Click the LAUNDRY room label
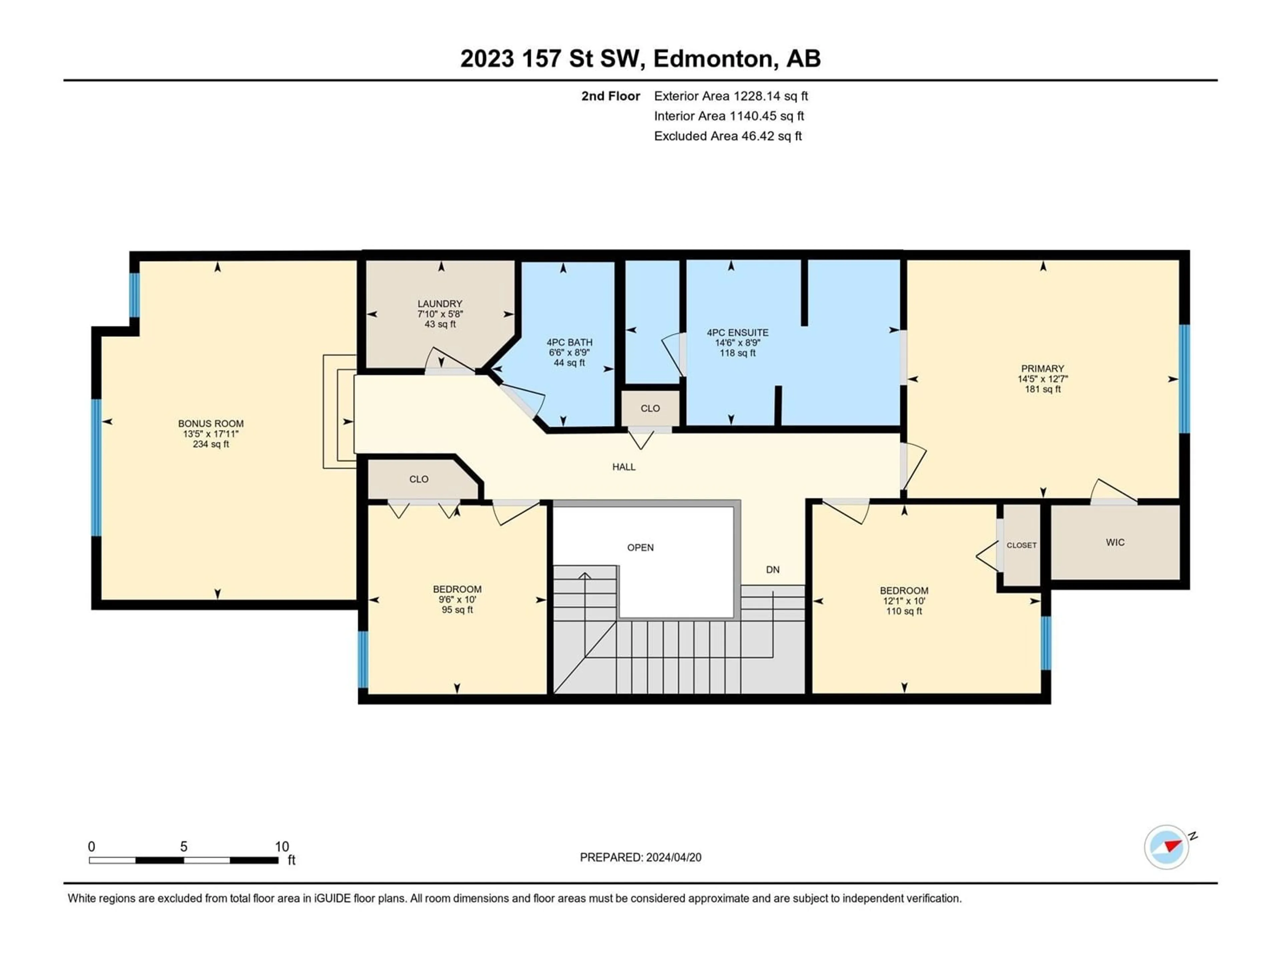pyautogui.click(x=440, y=304)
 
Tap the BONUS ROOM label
pyautogui.click(x=211, y=423)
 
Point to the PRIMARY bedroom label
pyautogui.click(x=1042, y=368)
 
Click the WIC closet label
pyautogui.click(x=1116, y=542)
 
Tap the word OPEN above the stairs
pyautogui.click(x=640, y=548)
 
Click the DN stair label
pyautogui.click(x=773, y=569)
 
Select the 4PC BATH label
pyautogui.click(x=569, y=342)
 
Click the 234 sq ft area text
pyautogui.click(x=211, y=444)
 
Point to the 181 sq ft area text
pyautogui.click(x=1042, y=389)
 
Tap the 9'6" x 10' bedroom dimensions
pyautogui.click(x=457, y=600)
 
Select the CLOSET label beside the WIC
pyautogui.click(x=1021, y=545)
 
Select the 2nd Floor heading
pyautogui.click(x=611, y=96)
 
